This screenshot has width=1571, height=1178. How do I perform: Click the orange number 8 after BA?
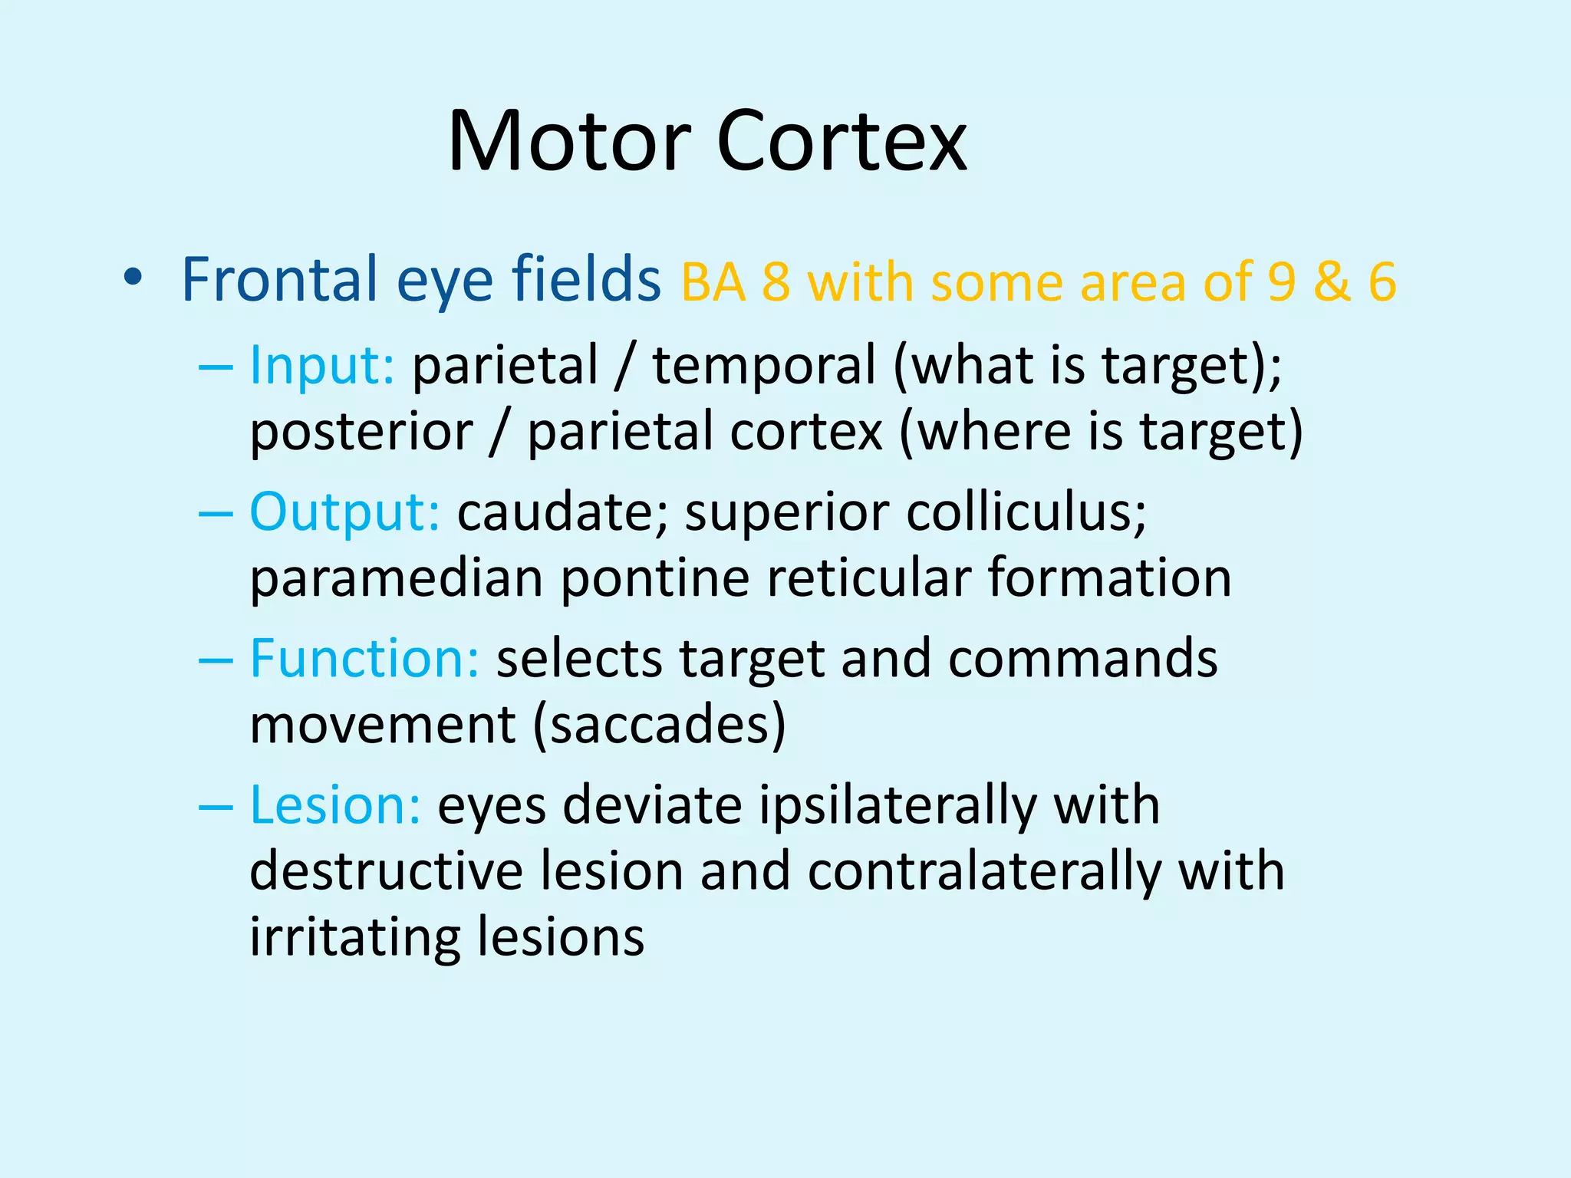coord(776,282)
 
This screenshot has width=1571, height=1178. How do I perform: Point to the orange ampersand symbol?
coord(1332,282)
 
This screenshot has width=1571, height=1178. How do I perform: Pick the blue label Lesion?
coord(335,805)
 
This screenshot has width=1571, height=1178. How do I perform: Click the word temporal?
coord(764,365)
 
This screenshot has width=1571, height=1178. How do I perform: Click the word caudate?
coord(563,512)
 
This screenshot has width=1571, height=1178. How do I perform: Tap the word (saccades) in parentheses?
coord(660,725)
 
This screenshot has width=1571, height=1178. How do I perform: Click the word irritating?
coord(354,937)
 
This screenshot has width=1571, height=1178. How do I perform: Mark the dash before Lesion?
coord(216,807)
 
